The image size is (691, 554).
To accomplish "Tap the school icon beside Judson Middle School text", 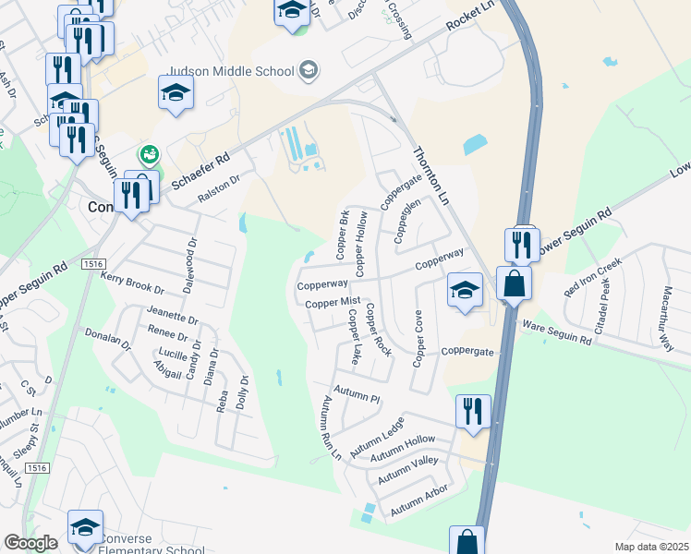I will tap(309, 70).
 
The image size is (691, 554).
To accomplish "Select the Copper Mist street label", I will tap(332, 303).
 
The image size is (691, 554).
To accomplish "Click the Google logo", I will tap(30, 543).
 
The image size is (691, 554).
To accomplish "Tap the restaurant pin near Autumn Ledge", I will tap(473, 412).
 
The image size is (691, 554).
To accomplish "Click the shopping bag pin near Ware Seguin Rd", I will tap(515, 283).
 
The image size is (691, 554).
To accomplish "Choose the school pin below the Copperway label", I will tap(465, 291).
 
